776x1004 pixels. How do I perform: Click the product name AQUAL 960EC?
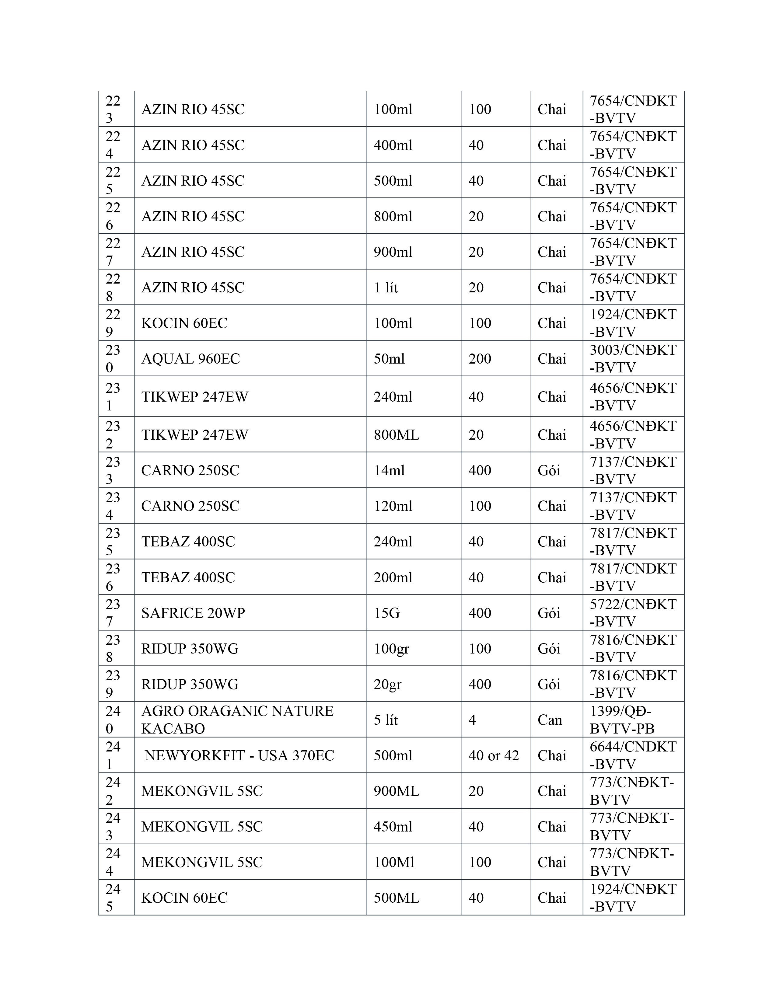[x=190, y=359]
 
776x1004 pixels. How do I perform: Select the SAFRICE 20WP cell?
[x=193, y=613]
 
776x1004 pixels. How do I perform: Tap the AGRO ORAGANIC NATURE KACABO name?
[x=237, y=720]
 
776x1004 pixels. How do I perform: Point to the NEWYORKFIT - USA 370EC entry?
[x=239, y=755]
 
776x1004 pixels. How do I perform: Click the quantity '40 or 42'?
[x=493, y=755]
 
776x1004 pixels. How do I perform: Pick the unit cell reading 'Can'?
[x=550, y=720]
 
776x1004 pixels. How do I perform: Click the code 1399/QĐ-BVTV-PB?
[x=622, y=720]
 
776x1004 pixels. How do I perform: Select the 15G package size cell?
[x=386, y=613]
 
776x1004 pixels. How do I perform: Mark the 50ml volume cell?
[x=389, y=359]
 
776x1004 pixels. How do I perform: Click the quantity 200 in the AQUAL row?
[x=480, y=359]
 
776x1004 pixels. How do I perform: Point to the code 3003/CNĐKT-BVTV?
[x=633, y=359]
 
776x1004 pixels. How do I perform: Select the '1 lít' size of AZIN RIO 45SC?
[x=386, y=287]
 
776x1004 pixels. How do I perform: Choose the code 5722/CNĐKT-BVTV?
[x=633, y=613]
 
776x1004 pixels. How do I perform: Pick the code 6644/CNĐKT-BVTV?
[x=633, y=755]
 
